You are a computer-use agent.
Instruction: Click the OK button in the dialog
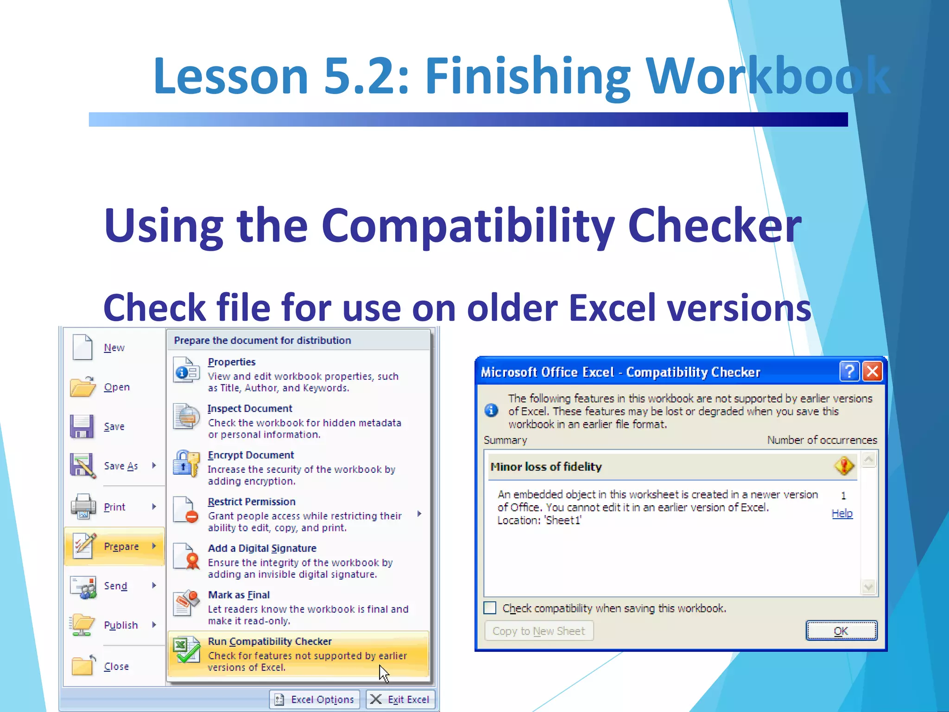coord(841,630)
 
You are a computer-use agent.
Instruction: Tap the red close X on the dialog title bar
coord(873,371)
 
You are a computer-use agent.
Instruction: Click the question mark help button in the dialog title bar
coord(849,371)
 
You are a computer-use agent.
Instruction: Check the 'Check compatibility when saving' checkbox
coord(490,608)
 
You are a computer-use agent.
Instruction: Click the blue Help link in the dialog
coord(842,513)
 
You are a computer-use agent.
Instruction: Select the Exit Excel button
coord(401,699)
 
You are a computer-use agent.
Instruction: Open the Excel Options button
coord(315,699)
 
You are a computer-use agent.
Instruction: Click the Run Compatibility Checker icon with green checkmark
coord(186,650)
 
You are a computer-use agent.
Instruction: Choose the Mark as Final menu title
coord(239,595)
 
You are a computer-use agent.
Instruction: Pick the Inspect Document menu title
coord(250,408)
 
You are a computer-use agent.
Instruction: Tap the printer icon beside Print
coord(83,506)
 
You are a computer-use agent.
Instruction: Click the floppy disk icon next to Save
coord(82,426)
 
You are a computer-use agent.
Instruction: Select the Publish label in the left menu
coord(121,625)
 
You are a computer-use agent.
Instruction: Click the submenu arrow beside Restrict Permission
coord(419,514)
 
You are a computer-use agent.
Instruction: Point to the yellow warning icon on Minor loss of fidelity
coord(844,465)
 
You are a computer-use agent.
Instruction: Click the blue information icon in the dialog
coord(491,410)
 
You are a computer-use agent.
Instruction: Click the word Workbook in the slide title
coord(767,76)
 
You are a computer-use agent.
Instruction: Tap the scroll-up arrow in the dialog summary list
coord(869,459)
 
